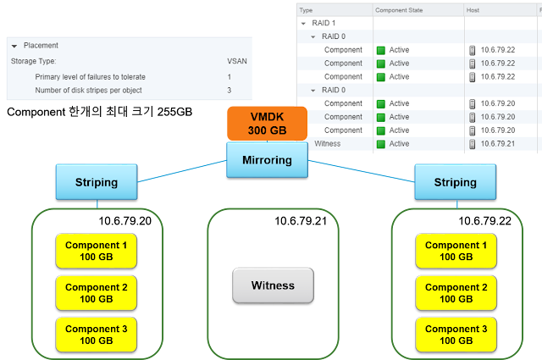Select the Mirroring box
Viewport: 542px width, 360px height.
[268, 158]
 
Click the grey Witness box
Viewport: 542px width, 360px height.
[273, 285]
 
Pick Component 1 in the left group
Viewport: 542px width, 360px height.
[96, 251]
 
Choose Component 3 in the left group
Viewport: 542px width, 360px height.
[96, 334]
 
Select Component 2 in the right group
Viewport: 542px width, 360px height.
[456, 292]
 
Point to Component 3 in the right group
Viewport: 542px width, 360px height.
[456, 334]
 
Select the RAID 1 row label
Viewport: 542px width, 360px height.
[325, 23]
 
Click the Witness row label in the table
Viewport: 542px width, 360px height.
[327, 144]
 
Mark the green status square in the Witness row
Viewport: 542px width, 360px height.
[381, 144]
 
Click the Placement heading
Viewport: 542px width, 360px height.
[40, 45]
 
